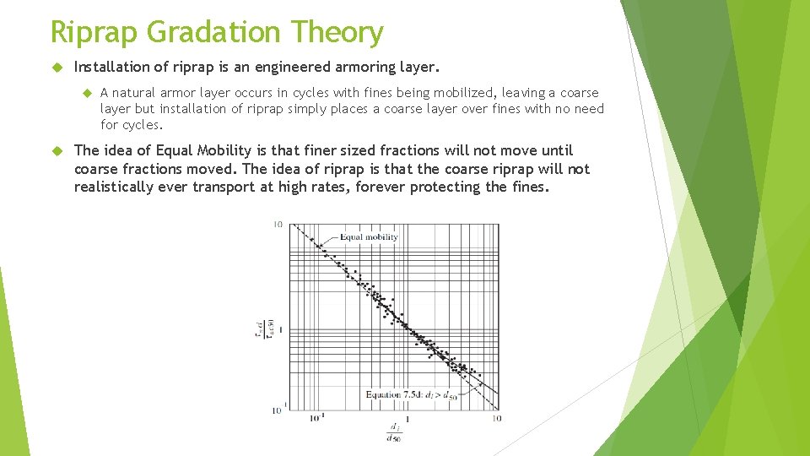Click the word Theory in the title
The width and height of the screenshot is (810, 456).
coord(338,32)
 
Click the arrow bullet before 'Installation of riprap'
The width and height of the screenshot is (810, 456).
coord(57,66)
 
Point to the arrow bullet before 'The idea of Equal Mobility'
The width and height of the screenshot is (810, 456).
coord(57,151)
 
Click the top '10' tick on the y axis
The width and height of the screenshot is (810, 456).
coord(278,225)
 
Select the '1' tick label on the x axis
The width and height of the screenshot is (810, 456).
coord(408,418)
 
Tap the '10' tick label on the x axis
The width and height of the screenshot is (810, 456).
coord(496,418)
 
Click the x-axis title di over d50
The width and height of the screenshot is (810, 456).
coord(393,432)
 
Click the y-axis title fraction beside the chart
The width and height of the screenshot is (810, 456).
coord(261,329)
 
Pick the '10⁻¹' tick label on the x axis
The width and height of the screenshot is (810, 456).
coord(316,418)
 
